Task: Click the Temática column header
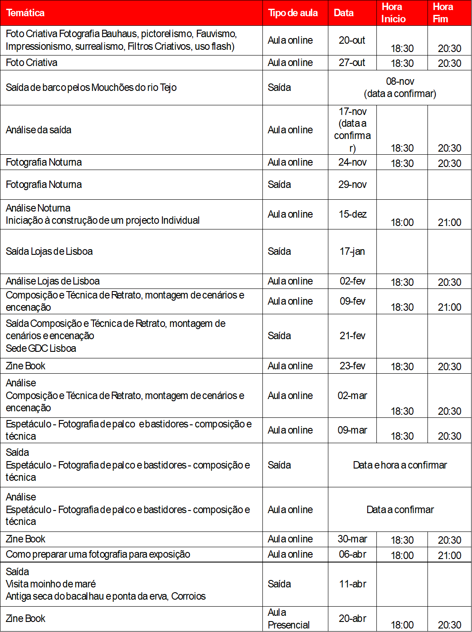[25, 13]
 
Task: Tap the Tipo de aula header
[293, 13]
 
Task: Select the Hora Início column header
[393, 13]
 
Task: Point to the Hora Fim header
[442, 13]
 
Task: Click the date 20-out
[352, 40]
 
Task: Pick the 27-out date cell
[352, 63]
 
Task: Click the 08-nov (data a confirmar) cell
[400, 87]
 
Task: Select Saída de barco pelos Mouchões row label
[91, 87]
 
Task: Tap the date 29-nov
[352, 184]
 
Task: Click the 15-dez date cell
[352, 214]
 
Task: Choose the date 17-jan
[352, 251]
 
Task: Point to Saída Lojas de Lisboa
[49, 251]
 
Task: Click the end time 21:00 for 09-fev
[449, 307]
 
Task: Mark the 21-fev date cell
[352, 336]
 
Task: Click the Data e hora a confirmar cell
[400, 465]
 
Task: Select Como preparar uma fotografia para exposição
[98, 554]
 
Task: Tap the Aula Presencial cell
[289, 618]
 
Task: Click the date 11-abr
[352, 584]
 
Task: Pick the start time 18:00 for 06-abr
[402, 556]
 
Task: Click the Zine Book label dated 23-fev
[26, 366]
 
